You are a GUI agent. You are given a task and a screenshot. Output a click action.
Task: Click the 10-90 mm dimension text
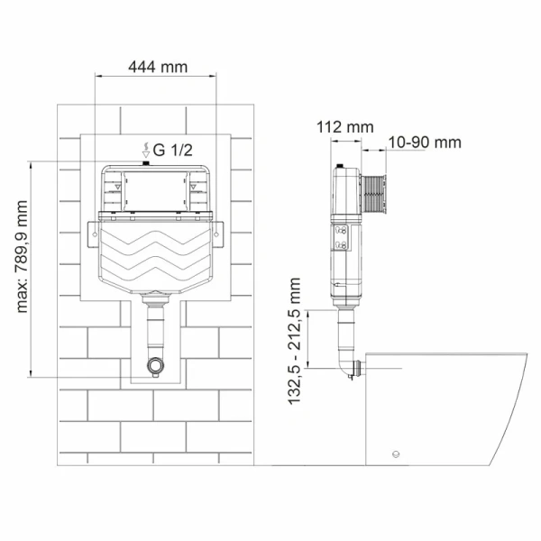click(425, 142)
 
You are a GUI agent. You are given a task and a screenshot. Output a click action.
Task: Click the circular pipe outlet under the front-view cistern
click(156, 367)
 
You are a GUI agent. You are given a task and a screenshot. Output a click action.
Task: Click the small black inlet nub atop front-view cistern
click(146, 163)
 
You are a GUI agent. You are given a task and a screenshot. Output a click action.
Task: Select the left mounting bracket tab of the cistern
click(92, 232)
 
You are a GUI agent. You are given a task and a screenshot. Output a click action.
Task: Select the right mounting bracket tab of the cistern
click(219, 232)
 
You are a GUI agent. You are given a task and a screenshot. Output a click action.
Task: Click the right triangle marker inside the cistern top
click(194, 187)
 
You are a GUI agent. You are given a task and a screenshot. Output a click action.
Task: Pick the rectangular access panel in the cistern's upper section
click(155, 190)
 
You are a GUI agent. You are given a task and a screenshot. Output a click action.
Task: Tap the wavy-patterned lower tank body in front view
click(155, 257)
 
